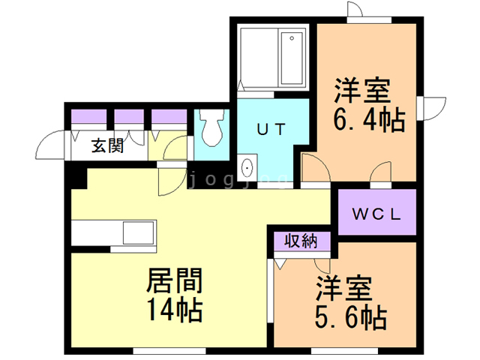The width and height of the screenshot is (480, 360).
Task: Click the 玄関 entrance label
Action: point(108,145)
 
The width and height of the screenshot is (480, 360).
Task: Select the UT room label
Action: point(271,129)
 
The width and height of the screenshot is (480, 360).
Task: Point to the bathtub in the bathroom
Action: point(292,58)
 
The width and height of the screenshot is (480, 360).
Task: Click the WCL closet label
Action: point(376,214)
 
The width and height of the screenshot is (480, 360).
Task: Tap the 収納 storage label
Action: point(301,241)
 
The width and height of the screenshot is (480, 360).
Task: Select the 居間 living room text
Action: point(175,280)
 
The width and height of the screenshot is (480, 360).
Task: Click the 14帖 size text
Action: point(175,309)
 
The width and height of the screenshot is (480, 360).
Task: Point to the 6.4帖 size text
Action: point(369,120)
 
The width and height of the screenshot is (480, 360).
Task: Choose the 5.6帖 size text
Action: point(351,317)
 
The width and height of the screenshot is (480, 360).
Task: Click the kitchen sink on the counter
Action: point(138,232)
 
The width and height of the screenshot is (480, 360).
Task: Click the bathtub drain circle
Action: point(292,38)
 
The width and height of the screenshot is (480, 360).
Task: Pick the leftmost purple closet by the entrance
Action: point(88,116)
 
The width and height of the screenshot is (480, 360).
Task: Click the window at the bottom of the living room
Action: point(169,350)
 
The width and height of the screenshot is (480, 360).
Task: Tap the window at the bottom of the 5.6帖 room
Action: point(346,350)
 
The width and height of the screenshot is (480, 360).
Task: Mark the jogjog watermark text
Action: point(238,180)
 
